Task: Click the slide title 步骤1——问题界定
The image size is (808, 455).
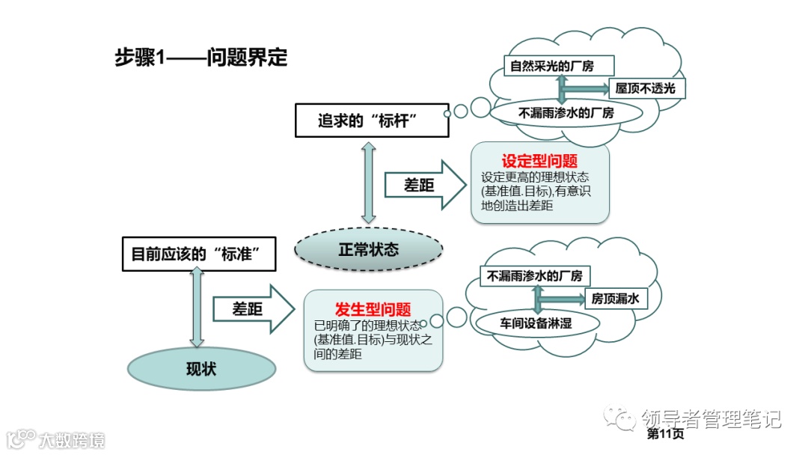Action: [x=201, y=58]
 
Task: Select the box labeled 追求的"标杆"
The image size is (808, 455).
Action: [x=372, y=120]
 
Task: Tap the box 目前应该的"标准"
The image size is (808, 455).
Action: [x=199, y=254]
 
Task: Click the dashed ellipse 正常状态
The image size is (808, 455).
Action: [x=367, y=249]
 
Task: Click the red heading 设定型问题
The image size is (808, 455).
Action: [x=539, y=162]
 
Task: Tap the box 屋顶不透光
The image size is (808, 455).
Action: [x=645, y=88]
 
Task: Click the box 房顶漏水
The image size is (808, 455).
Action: [x=614, y=299]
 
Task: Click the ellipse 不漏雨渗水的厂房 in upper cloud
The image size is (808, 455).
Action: [x=566, y=113]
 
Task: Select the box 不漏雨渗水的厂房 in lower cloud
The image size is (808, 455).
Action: [x=534, y=275]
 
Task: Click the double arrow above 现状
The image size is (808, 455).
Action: [x=198, y=308]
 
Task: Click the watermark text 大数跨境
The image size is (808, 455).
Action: [x=72, y=439]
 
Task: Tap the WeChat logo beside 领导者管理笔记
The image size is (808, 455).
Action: [x=621, y=418]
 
